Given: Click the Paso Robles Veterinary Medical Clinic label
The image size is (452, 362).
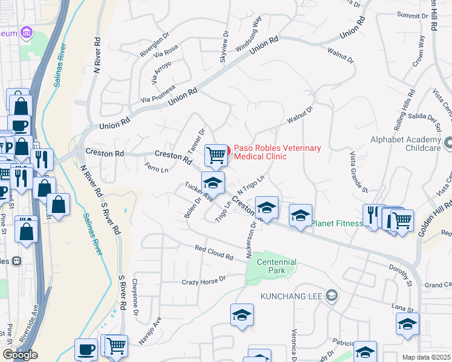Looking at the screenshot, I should pyautogui.click(x=277, y=152).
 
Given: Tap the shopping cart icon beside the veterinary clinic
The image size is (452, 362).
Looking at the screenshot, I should pyautogui.click(x=216, y=155).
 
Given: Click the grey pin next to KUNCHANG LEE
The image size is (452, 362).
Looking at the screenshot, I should pyautogui.click(x=331, y=295).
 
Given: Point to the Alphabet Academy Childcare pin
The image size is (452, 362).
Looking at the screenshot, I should pyautogui.click(x=448, y=144).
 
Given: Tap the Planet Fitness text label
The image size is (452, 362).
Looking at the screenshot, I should pyautogui.click(x=337, y=223).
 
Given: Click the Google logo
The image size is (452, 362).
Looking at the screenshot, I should pyautogui.click(x=20, y=355).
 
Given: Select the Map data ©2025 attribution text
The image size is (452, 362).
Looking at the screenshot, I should pyautogui.click(x=427, y=357).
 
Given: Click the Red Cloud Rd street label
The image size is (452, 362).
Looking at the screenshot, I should pyautogui.click(x=214, y=252).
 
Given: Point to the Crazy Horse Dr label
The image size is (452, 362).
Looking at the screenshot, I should pyautogui.click(x=204, y=281).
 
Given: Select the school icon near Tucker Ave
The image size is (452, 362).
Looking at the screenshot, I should pyautogui.click(x=212, y=182).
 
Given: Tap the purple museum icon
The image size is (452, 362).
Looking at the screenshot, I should pyautogui.click(x=25, y=31).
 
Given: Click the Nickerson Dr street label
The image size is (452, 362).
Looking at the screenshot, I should pyautogui.click(x=251, y=238).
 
